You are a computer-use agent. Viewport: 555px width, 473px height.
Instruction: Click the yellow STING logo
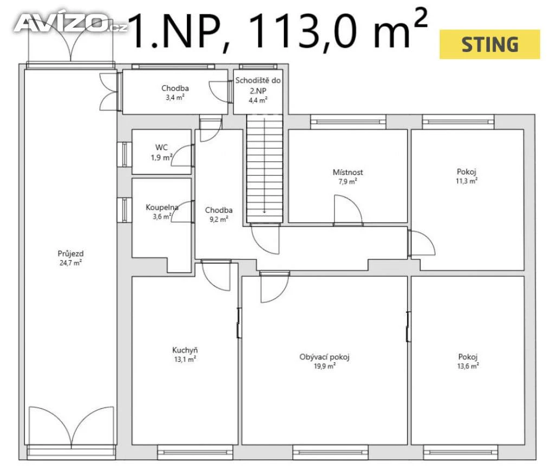489,44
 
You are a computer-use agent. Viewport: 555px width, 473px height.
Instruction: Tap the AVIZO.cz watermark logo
70,23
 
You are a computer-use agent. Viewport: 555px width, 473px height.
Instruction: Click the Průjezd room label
70,254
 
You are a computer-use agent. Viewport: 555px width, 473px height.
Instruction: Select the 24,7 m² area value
70,262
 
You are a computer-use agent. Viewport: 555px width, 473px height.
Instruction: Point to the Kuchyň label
185,350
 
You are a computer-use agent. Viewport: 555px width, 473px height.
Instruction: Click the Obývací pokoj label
324,357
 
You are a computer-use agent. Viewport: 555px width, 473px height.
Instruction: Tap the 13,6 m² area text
468,366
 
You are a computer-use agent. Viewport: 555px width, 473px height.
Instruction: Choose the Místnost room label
347,172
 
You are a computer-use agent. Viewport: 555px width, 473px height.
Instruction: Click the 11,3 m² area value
467,181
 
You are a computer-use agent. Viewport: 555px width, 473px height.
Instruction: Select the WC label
162,147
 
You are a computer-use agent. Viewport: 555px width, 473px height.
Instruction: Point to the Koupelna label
162,208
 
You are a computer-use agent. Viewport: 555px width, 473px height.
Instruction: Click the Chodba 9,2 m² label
219,215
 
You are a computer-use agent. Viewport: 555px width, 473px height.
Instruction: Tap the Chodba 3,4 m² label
175,92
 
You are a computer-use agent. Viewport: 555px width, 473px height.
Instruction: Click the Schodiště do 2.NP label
258,90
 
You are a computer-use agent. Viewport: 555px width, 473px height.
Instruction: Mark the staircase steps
264,169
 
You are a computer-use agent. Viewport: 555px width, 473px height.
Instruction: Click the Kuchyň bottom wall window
195,452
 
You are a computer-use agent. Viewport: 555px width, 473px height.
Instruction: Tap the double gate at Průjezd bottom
71,428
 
